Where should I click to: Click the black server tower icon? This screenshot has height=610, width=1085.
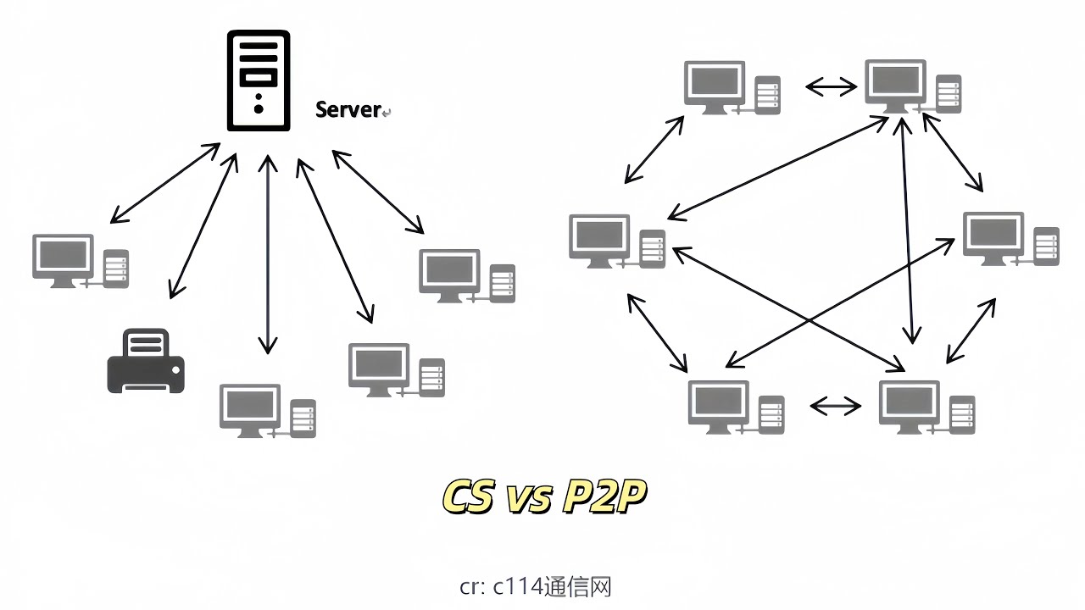pyautogui.click(x=259, y=80)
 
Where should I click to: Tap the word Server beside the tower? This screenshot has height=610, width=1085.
pyautogui.click(x=348, y=109)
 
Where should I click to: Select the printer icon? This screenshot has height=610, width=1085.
pyautogui.click(x=145, y=362)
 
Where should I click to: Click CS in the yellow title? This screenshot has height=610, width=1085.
pyautogui.click(x=468, y=497)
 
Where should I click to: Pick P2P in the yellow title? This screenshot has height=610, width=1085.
pyautogui.click(x=604, y=497)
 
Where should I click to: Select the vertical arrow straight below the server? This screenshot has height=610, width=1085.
pyautogui.click(x=268, y=254)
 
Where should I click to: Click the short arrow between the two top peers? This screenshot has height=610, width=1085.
pyautogui.click(x=832, y=86)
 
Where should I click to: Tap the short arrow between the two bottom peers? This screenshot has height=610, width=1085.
pyautogui.click(x=836, y=407)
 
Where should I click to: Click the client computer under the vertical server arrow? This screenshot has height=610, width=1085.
pyautogui.click(x=266, y=411)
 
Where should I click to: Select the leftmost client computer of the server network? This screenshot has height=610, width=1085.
pyautogui.click(x=80, y=261)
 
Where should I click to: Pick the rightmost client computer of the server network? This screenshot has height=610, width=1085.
pyautogui.click(x=466, y=275)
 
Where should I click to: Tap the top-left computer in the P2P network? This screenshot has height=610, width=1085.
pyautogui.click(x=731, y=88)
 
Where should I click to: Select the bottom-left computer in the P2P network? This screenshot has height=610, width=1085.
pyautogui.click(x=735, y=408)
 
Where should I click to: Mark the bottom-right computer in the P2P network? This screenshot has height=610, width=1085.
pyautogui.click(x=926, y=408)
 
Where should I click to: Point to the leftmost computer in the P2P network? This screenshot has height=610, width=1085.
pyautogui.click(x=617, y=241)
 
